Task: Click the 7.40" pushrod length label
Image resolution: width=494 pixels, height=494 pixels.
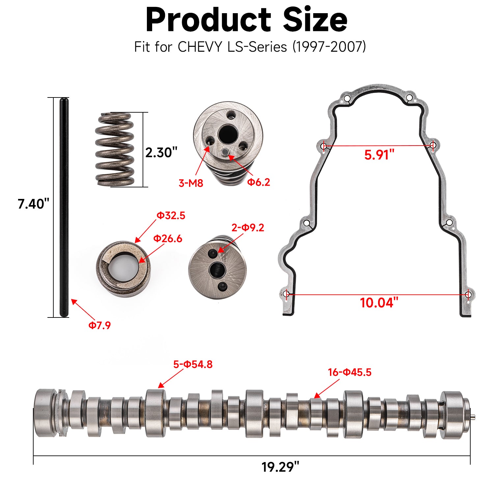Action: click(33, 204)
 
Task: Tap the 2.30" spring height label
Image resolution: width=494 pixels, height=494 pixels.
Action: click(161, 152)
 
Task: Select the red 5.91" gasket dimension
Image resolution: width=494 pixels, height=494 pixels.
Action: click(379, 154)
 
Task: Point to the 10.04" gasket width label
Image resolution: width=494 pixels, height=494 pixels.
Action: click(379, 302)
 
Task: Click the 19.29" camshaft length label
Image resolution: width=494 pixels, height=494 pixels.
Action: click(280, 467)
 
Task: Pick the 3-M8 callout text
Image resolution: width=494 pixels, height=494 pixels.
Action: click(191, 183)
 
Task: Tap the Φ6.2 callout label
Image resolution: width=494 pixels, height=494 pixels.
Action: click(259, 182)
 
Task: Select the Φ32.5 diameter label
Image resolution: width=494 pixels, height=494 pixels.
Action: click(171, 215)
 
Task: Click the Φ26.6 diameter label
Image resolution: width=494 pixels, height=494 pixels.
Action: click(168, 238)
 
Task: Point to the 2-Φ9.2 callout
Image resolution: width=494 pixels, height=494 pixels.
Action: click(248, 228)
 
